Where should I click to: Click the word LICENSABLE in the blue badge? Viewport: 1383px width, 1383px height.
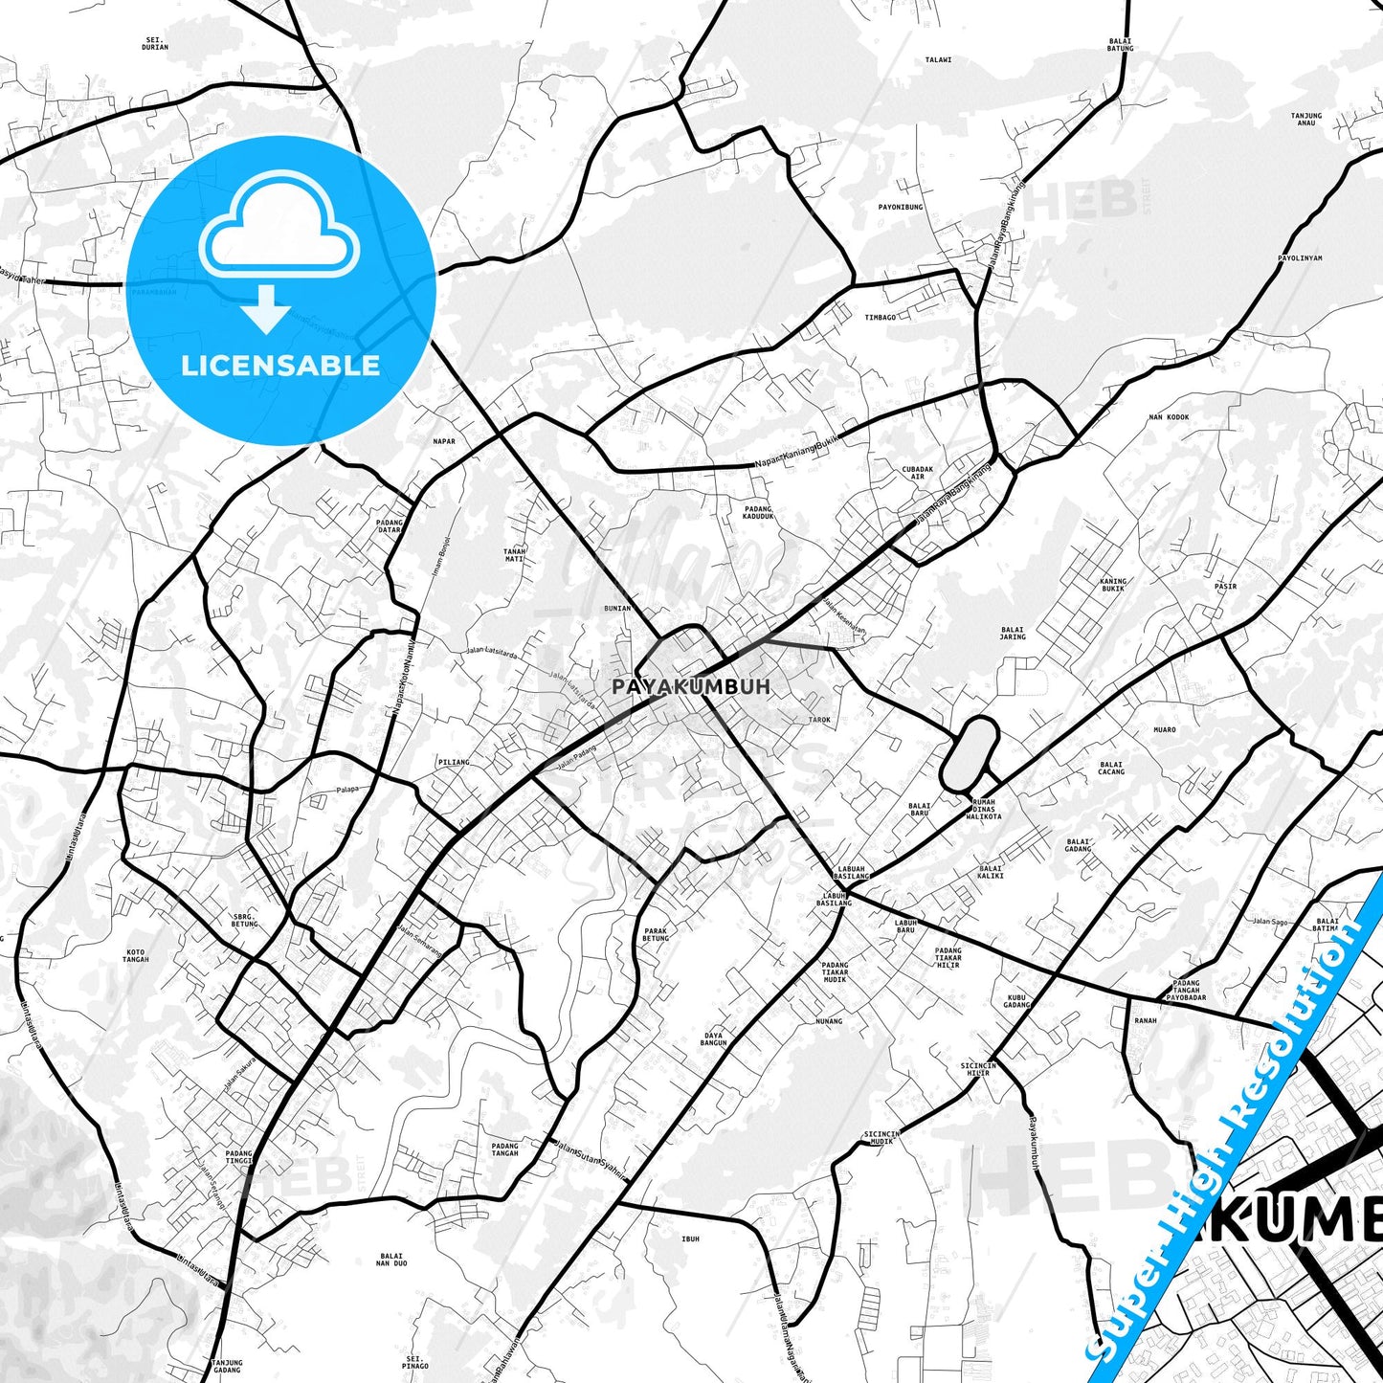280,366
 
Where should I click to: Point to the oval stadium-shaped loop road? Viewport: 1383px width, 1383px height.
970,753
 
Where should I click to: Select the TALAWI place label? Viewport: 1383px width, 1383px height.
938,59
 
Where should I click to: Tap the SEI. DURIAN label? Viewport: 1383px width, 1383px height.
154,43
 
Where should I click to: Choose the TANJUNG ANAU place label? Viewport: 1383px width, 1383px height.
1306,119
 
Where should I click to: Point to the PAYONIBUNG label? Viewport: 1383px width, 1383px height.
901,207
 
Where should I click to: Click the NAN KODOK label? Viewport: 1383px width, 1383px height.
1169,417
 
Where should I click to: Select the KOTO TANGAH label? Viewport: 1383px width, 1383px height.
137,955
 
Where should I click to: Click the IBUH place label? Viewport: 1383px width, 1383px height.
690,1238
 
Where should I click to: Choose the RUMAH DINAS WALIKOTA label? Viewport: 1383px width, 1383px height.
984,809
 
